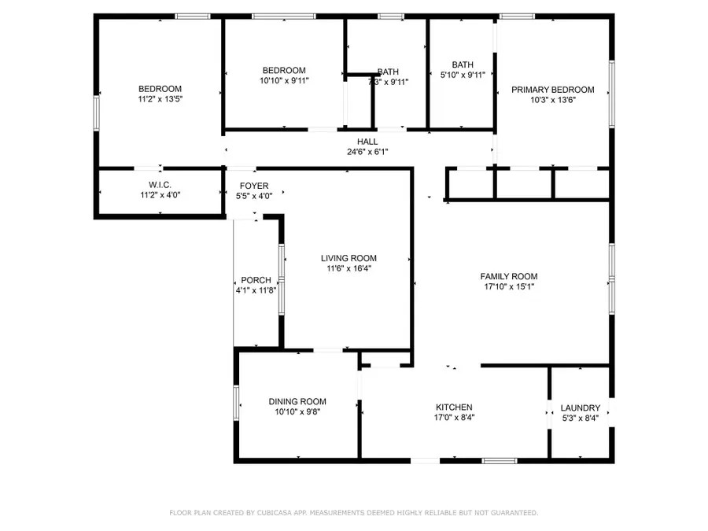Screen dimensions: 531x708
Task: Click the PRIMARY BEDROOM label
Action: click(552, 90)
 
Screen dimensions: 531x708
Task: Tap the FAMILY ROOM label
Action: click(508, 276)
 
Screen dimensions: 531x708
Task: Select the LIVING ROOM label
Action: click(348, 258)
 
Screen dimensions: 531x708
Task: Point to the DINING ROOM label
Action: click(297, 401)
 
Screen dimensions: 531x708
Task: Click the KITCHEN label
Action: click(454, 407)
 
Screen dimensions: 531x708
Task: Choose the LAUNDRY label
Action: click(580, 407)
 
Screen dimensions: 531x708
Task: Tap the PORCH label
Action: click(256, 280)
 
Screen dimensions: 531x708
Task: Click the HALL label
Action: click(367, 142)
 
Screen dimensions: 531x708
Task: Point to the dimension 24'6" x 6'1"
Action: click(367, 152)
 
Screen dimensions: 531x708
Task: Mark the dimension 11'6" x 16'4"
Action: click(348, 268)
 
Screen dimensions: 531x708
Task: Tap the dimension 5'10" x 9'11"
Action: click(463, 76)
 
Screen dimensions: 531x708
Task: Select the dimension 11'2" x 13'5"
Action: click(160, 99)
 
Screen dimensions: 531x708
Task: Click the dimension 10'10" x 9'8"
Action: click(297, 411)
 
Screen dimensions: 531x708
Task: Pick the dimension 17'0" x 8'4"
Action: click(454, 418)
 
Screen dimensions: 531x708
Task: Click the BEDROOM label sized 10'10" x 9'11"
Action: click(283, 70)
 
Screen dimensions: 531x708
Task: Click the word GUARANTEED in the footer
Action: click(511, 513)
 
